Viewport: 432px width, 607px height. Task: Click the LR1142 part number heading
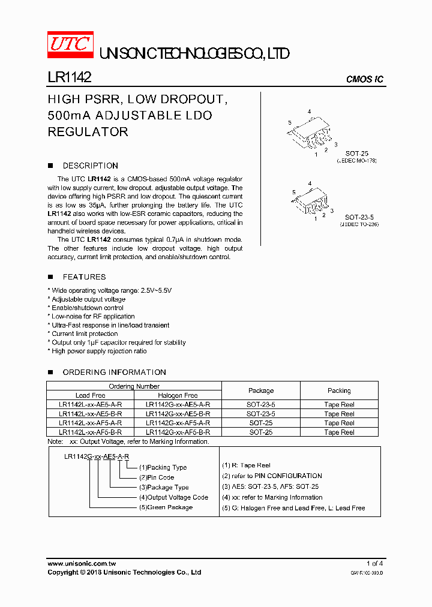click(x=69, y=78)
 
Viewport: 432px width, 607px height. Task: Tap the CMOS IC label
click(x=365, y=80)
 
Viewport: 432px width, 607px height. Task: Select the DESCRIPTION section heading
click(x=90, y=166)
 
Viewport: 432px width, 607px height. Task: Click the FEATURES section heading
click(x=84, y=277)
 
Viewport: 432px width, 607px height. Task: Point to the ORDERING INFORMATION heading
click(x=114, y=372)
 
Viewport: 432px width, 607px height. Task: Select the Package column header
click(x=261, y=390)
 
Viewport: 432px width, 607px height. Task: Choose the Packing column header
click(x=339, y=390)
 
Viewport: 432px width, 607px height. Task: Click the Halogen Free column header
click(x=178, y=395)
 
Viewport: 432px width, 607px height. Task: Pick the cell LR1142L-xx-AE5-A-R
click(x=91, y=405)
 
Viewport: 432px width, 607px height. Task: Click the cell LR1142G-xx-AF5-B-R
click(x=178, y=432)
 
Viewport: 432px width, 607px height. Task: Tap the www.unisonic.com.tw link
click(x=82, y=563)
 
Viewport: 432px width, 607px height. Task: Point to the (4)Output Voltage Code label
click(x=173, y=497)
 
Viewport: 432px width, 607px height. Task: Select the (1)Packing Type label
click(x=163, y=467)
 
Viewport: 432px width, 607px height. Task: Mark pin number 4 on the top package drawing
click(x=309, y=112)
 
